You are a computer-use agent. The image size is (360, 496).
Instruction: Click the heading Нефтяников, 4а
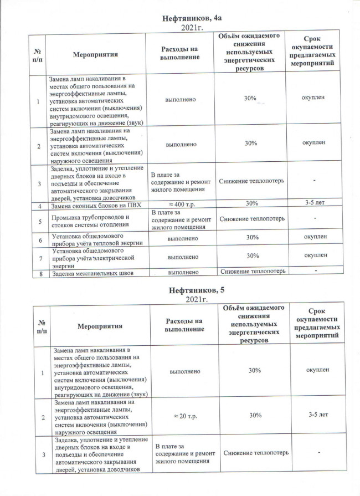[x=189, y=18]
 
